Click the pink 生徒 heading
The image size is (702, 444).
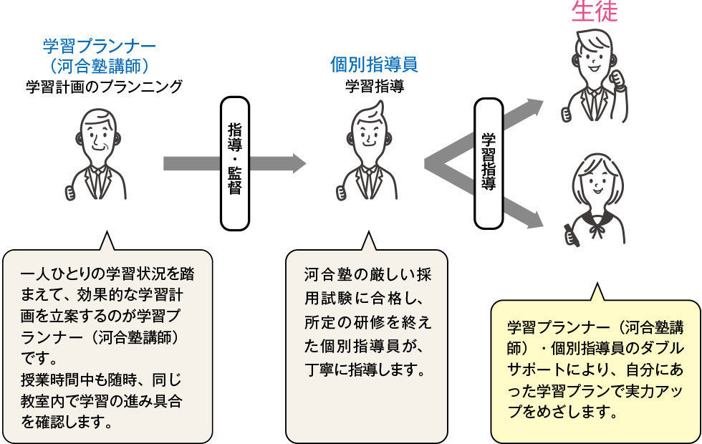pos(594,11)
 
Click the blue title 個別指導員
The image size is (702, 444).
pos(374,64)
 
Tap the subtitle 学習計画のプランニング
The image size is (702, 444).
pos(104,87)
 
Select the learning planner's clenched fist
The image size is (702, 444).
pos(70,192)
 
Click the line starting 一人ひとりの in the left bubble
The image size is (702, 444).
pos(107,276)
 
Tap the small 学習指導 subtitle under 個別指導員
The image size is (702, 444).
pos(374,87)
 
